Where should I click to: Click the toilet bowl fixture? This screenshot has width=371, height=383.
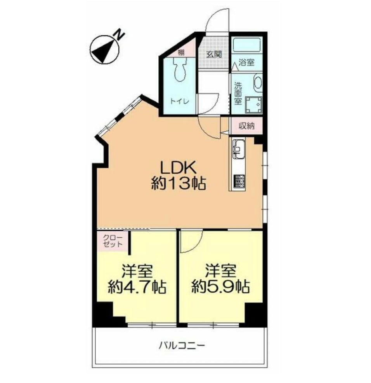[x=180, y=70]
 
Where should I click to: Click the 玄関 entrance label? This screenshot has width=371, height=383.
[x=213, y=54]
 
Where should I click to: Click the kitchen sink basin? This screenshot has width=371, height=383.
[x=238, y=148]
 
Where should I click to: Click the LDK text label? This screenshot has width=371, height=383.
[x=179, y=168]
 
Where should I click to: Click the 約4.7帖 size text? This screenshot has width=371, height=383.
[x=137, y=288]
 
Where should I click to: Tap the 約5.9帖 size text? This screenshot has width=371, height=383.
[x=220, y=288]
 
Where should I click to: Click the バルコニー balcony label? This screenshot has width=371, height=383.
[x=181, y=345]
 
